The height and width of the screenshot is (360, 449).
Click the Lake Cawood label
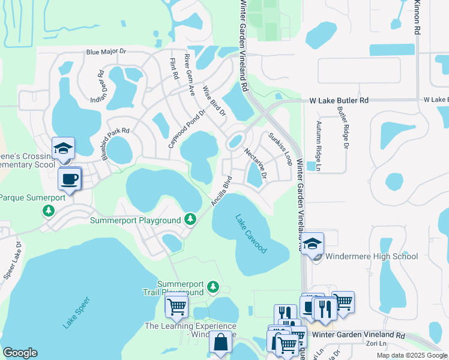coord(251,233)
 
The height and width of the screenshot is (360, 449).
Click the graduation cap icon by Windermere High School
coord(313,244)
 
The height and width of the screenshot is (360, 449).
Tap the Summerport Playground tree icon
coord(190,220)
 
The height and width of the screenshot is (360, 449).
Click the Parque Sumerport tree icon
coord(49,211)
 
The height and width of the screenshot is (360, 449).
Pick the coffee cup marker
coord(70,179)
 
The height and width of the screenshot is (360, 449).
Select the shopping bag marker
coord(220,343)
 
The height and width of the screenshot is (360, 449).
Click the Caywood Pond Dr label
coord(186,129)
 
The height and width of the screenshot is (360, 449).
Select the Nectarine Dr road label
coord(255,161)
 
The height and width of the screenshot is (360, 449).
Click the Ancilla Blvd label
coord(221,191)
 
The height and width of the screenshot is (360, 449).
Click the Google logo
coord(20,353)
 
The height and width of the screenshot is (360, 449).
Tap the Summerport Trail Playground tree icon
coord(212,289)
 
